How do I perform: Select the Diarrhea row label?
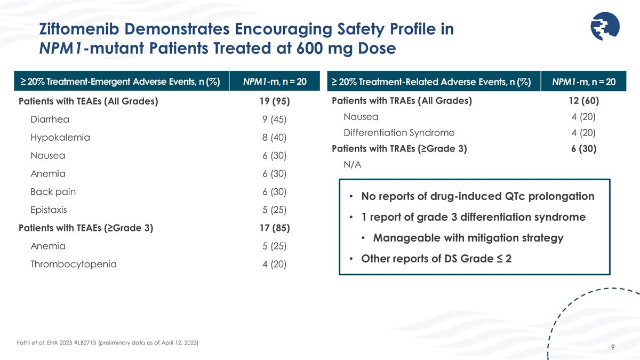50,119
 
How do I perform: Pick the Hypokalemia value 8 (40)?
274,138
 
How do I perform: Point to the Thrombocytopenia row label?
73,264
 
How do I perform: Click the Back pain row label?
53,191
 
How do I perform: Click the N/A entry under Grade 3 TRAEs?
353,165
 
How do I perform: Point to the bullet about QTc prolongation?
477,196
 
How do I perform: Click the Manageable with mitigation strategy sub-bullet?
468,238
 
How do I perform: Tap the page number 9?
613,348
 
